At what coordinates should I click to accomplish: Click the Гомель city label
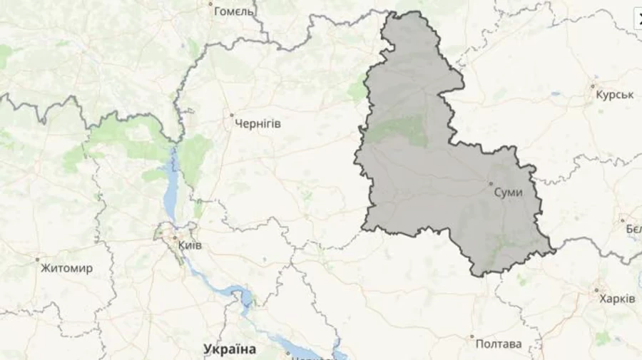click(234, 11)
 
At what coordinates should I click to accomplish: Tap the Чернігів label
click(258, 124)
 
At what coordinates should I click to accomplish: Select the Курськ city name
click(614, 95)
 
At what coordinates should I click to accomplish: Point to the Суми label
click(509, 193)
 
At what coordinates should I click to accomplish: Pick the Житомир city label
click(66, 269)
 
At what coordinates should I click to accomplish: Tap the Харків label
click(617, 299)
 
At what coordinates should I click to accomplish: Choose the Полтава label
click(499, 344)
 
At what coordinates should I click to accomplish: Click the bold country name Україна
click(229, 349)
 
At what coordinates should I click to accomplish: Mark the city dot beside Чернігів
click(231, 114)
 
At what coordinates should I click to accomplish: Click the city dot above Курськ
click(593, 86)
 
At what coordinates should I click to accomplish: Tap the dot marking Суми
click(491, 184)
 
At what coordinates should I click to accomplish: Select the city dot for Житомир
click(37, 259)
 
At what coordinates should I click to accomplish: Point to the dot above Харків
click(596, 289)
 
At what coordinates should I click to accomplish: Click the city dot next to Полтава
click(471, 335)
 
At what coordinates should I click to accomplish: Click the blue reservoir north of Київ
click(171, 189)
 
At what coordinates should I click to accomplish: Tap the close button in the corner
click(638, 18)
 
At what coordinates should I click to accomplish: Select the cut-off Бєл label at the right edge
click(633, 229)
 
